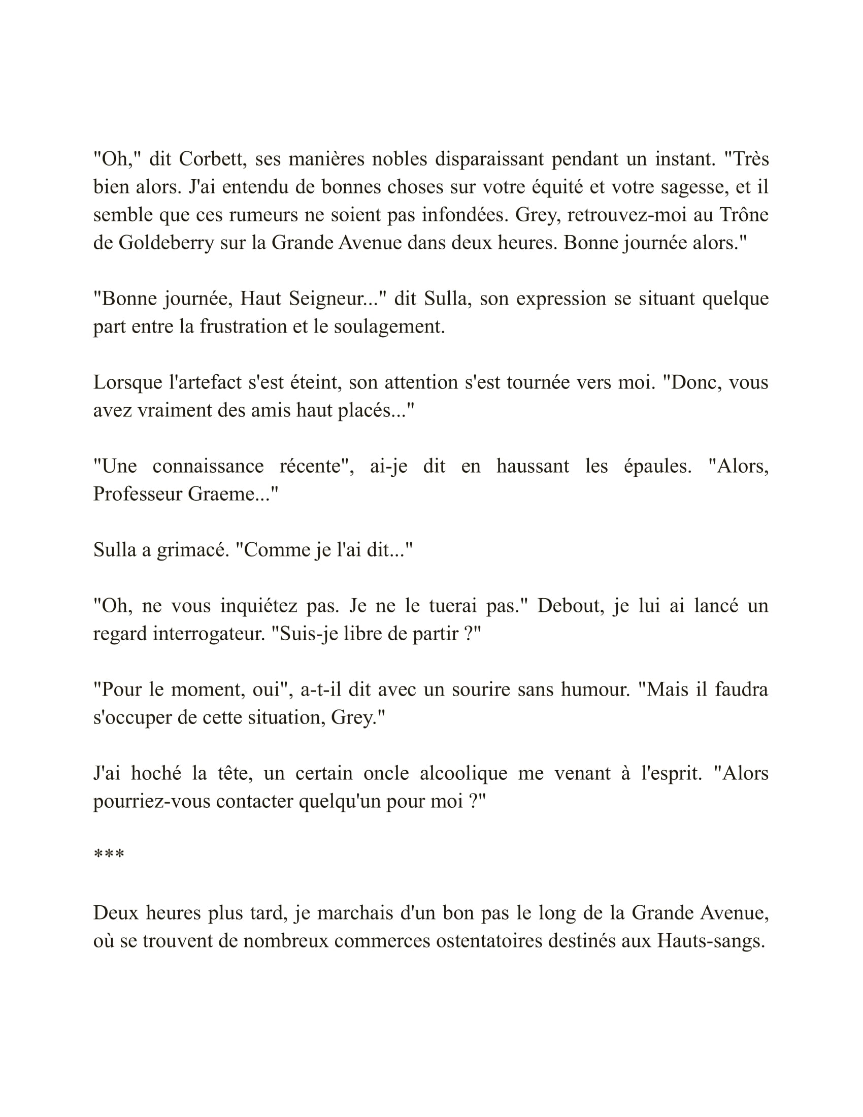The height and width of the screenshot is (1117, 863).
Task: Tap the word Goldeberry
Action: (166, 243)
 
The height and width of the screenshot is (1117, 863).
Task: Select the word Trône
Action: (744, 215)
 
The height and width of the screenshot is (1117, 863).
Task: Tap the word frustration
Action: (243, 327)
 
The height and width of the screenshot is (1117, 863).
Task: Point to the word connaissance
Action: (208, 467)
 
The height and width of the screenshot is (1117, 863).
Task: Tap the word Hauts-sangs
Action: (711, 939)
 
